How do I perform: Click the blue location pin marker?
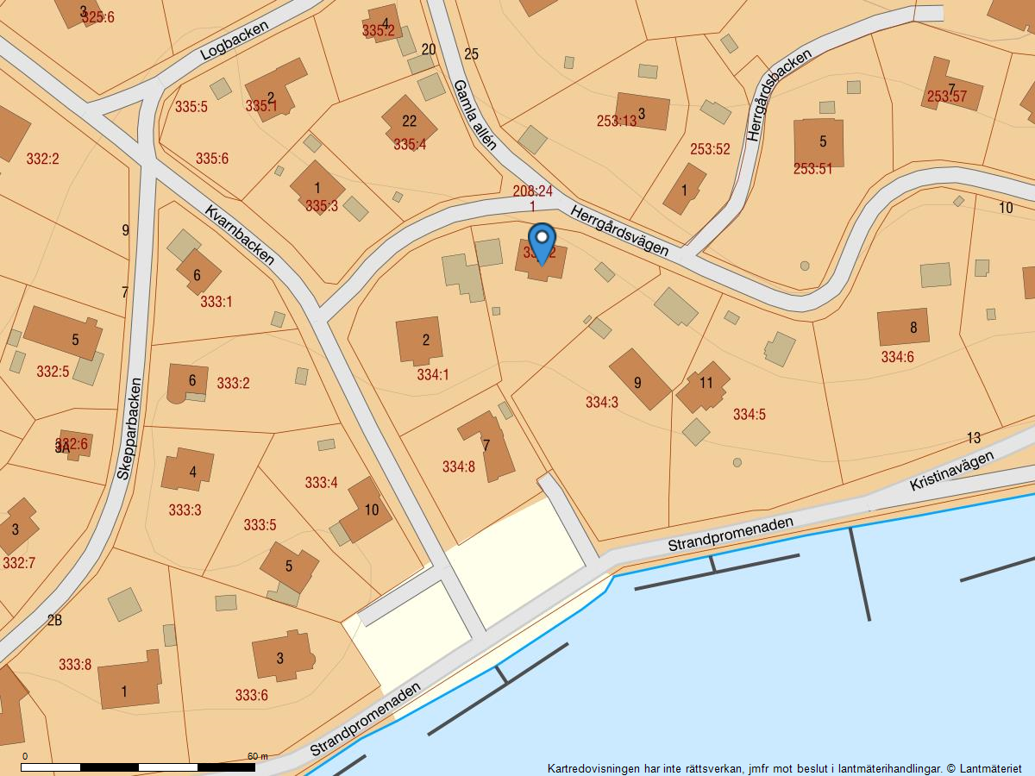click(542, 241)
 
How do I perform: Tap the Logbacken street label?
click(234, 41)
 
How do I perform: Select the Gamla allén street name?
click(474, 115)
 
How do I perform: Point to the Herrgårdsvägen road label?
click(619, 230)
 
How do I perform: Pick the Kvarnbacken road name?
click(240, 235)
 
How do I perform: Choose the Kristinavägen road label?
click(951, 472)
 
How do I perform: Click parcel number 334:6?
click(897, 356)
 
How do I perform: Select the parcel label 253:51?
click(813, 169)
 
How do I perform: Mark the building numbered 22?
click(409, 121)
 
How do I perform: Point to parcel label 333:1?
click(216, 302)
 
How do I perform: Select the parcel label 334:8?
click(458, 466)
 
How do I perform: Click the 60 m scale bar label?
click(257, 756)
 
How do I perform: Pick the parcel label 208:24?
click(532, 191)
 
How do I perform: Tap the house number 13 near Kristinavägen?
click(974, 438)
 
